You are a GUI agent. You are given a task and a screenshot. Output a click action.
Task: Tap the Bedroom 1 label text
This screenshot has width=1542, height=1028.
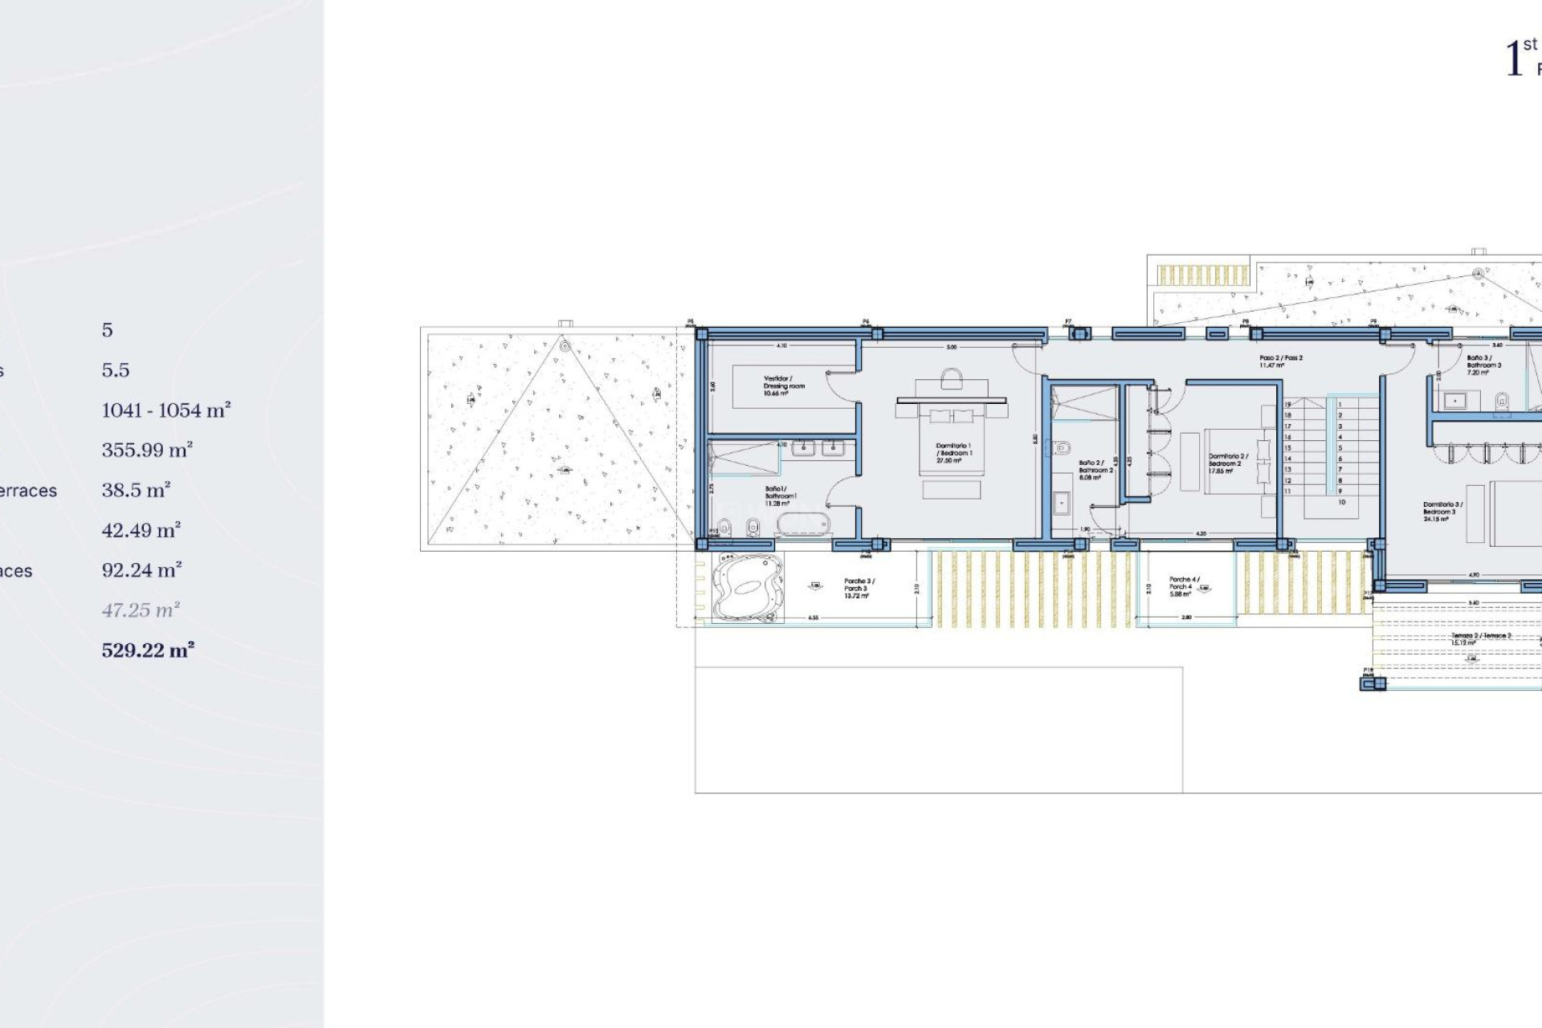point(953,453)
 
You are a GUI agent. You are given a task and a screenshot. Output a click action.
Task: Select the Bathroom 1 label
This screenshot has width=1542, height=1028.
point(780,496)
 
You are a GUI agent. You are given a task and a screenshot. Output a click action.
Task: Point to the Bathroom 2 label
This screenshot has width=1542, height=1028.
point(1095,470)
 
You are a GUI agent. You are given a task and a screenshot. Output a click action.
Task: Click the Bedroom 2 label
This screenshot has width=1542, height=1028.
point(1227,463)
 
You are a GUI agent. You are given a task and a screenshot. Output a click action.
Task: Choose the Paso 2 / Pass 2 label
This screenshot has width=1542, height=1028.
point(1281,361)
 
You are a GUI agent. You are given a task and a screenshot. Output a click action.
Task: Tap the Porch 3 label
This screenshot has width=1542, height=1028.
point(859,588)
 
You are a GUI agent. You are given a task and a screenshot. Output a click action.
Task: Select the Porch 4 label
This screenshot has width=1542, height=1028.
point(1183,586)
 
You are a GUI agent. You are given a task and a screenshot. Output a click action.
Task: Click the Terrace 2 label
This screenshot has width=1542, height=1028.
point(1480,638)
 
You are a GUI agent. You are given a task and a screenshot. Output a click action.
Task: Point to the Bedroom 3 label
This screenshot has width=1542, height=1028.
point(1442,512)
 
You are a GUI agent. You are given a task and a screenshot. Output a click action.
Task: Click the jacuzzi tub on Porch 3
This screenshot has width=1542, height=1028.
point(746,587)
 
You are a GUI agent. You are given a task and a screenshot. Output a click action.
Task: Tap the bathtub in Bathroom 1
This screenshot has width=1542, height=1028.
point(802,525)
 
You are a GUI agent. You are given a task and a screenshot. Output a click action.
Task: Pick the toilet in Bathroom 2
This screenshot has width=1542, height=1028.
point(1063,447)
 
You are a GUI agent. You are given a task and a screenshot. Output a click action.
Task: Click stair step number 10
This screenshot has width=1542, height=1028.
point(1341,502)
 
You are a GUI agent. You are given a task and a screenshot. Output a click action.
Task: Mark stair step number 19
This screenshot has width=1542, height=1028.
point(1287,405)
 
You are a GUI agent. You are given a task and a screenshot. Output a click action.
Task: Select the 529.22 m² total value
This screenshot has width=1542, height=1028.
point(148,651)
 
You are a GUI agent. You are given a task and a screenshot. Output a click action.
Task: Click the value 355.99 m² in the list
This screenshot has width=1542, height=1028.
point(147,450)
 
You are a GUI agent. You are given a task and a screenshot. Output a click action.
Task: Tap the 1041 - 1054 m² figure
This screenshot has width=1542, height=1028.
point(166,410)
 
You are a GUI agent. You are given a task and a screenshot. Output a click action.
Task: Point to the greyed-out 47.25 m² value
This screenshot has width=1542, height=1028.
point(141,610)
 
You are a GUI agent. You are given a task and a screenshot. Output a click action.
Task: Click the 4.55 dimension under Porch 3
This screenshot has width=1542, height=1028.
point(813,618)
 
